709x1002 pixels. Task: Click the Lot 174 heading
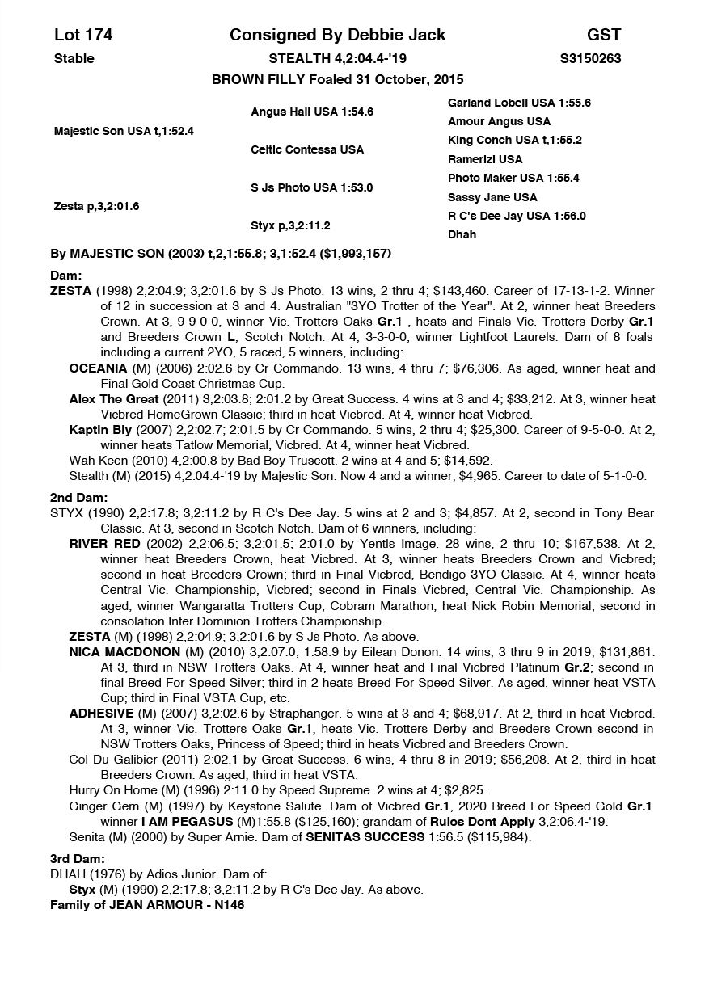(83, 35)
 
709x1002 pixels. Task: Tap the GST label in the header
(603, 35)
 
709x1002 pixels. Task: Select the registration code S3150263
(590, 58)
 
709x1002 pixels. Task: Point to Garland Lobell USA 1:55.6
(519, 103)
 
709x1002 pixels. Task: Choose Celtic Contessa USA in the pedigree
(307, 149)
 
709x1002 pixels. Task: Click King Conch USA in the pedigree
(515, 140)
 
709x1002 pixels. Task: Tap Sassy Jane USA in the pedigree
(492, 197)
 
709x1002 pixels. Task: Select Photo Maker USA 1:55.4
(513, 178)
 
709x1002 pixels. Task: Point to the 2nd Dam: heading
(78, 498)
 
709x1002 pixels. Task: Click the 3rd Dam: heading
(78, 859)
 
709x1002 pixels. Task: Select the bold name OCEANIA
(98, 368)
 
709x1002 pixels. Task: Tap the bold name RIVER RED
(103, 544)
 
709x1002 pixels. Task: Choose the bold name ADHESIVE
(101, 714)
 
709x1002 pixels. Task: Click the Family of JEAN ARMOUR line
(147, 905)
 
